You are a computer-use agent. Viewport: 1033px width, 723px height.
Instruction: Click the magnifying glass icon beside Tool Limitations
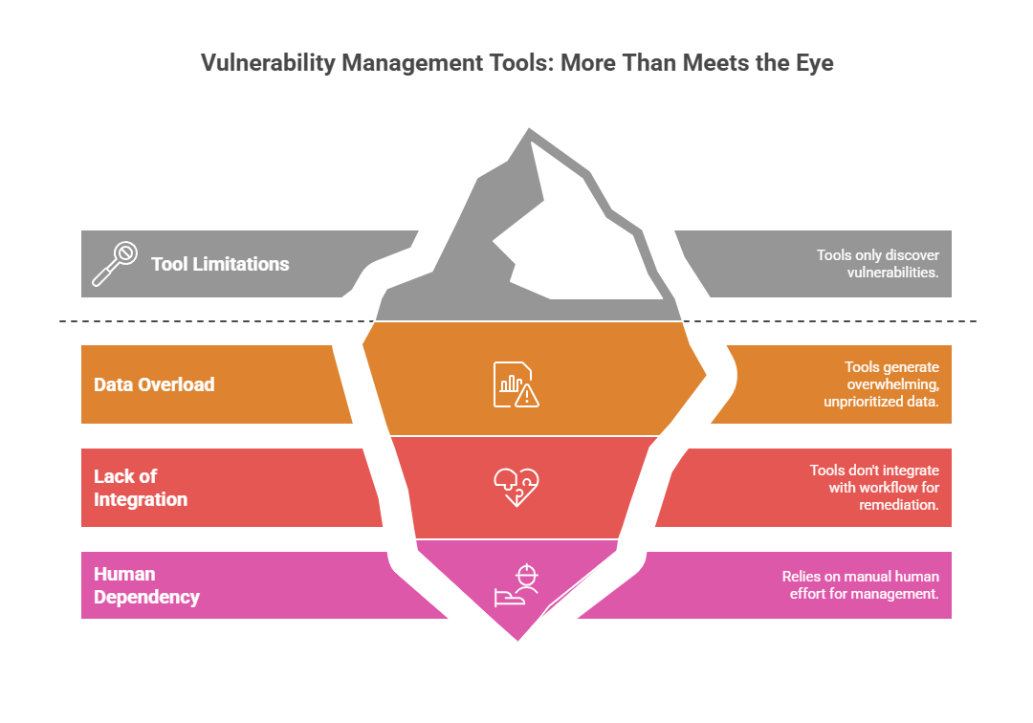[x=114, y=264]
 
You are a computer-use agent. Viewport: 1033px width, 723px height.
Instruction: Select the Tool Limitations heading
[x=220, y=264]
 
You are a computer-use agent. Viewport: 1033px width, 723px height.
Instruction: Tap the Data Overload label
[x=154, y=384]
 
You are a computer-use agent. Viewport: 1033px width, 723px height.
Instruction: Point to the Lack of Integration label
[x=141, y=488]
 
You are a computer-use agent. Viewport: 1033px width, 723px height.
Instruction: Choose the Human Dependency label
[x=146, y=585]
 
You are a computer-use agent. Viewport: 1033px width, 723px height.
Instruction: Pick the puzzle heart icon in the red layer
[x=516, y=488]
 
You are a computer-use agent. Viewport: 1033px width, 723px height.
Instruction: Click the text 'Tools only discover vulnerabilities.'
[x=877, y=264]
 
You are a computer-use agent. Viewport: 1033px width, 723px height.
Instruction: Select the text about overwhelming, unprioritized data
[x=881, y=384]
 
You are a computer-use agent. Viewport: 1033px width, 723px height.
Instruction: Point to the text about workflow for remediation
[x=873, y=488]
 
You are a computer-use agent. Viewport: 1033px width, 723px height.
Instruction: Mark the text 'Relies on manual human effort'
[x=860, y=585]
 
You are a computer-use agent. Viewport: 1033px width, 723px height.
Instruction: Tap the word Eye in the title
[x=813, y=64]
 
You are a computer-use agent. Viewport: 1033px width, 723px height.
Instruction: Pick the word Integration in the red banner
[x=141, y=499]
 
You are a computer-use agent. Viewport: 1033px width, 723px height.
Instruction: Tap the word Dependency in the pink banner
[x=146, y=597]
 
